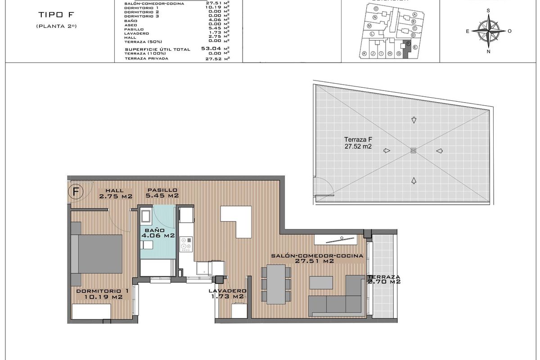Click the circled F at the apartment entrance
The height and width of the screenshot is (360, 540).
click(x=76, y=191)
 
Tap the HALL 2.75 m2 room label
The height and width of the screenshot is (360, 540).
click(x=115, y=193)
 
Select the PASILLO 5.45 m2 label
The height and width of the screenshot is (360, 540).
click(x=162, y=193)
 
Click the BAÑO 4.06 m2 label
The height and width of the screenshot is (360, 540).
click(x=157, y=232)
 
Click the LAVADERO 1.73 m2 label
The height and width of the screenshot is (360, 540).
click(x=227, y=293)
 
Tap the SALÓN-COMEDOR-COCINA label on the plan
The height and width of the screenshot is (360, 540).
click(x=317, y=258)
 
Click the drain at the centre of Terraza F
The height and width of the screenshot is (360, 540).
click(x=414, y=150)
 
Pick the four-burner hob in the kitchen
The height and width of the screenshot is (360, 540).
click(x=186, y=243)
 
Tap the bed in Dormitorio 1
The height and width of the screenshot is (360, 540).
click(x=96, y=253)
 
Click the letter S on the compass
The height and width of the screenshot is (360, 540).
click(x=488, y=10)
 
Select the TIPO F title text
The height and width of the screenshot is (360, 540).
click(x=57, y=15)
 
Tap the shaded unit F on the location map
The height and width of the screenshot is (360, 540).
click(x=407, y=49)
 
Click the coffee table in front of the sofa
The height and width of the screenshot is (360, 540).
click(x=321, y=283)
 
